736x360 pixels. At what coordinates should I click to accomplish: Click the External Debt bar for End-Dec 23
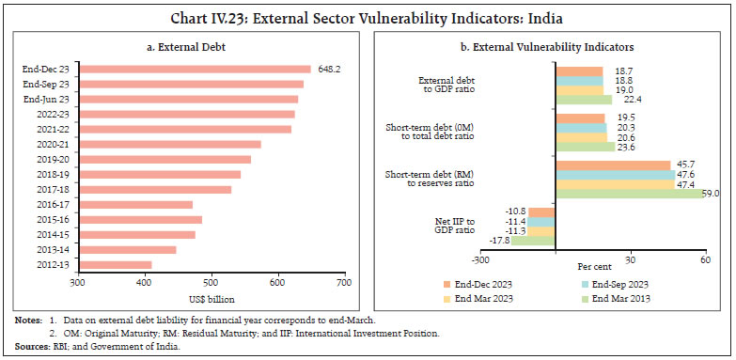click(x=194, y=69)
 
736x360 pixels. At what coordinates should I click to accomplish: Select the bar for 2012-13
click(x=114, y=265)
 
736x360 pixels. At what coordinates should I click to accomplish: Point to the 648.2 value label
click(x=325, y=69)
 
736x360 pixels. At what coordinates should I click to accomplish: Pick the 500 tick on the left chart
click(x=211, y=282)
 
